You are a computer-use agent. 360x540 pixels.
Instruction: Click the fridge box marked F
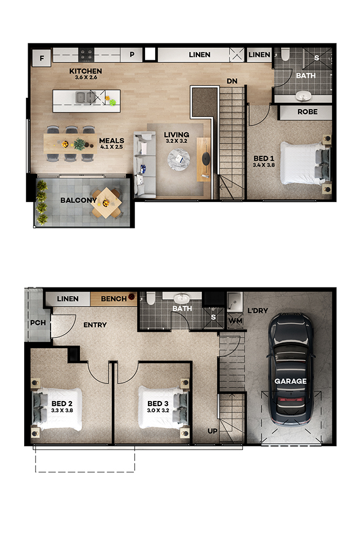[42, 57]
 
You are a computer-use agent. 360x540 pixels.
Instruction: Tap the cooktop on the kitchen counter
[86, 55]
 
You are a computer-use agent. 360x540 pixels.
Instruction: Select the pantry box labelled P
[132, 55]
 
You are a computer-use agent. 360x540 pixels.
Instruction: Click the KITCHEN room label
[85, 71]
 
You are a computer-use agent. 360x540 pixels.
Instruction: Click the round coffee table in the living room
[178, 159]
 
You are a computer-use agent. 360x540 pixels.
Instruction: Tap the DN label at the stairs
[232, 81]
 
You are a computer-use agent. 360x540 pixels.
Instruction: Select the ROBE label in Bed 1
[308, 112]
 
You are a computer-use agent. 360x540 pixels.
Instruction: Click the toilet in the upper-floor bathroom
[285, 55]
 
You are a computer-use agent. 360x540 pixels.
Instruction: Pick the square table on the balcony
[106, 203]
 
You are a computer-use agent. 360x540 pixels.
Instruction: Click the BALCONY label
[79, 200]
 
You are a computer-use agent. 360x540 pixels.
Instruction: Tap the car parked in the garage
[291, 370]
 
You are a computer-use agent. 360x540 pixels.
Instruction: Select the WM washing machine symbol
[236, 321]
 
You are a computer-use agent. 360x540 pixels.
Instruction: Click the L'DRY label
[258, 310]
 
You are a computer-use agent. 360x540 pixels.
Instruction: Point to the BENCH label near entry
[114, 299]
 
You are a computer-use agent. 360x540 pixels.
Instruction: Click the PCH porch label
[38, 323]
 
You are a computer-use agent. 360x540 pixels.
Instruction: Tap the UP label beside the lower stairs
[213, 431]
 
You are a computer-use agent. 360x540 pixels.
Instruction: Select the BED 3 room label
[157, 404]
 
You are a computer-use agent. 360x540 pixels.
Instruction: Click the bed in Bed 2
[57, 409]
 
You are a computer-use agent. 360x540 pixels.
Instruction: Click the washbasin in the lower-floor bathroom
[182, 298]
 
